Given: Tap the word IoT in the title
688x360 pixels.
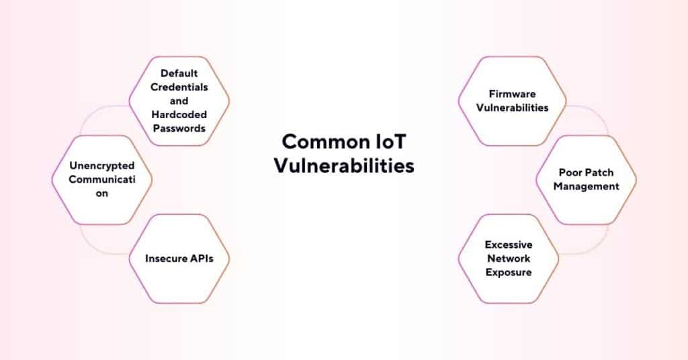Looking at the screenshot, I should tap(392, 142).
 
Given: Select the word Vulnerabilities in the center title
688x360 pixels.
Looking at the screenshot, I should tap(343, 165).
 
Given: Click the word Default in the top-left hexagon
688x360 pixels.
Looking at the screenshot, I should tap(179, 73).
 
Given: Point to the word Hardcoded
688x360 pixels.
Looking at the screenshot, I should tap(179, 114).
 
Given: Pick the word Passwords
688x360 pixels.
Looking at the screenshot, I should tap(179, 128).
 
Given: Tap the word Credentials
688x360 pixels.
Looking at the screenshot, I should tap(179, 87).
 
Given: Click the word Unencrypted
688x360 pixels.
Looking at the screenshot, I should tap(102, 165).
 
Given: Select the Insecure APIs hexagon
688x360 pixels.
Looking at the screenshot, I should tap(179, 259).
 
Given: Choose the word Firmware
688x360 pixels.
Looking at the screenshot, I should tap(512, 94).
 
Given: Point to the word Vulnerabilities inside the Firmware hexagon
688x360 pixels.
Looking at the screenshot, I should tap(512, 107).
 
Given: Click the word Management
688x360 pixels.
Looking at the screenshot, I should tap(586, 186).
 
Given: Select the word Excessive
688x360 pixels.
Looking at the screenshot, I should tap(509, 245).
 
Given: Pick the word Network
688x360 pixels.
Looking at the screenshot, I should tap(509, 259).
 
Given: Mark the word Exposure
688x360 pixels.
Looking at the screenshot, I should tap(509, 272).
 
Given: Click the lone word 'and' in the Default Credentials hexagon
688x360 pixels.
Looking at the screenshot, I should tap(179, 101).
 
